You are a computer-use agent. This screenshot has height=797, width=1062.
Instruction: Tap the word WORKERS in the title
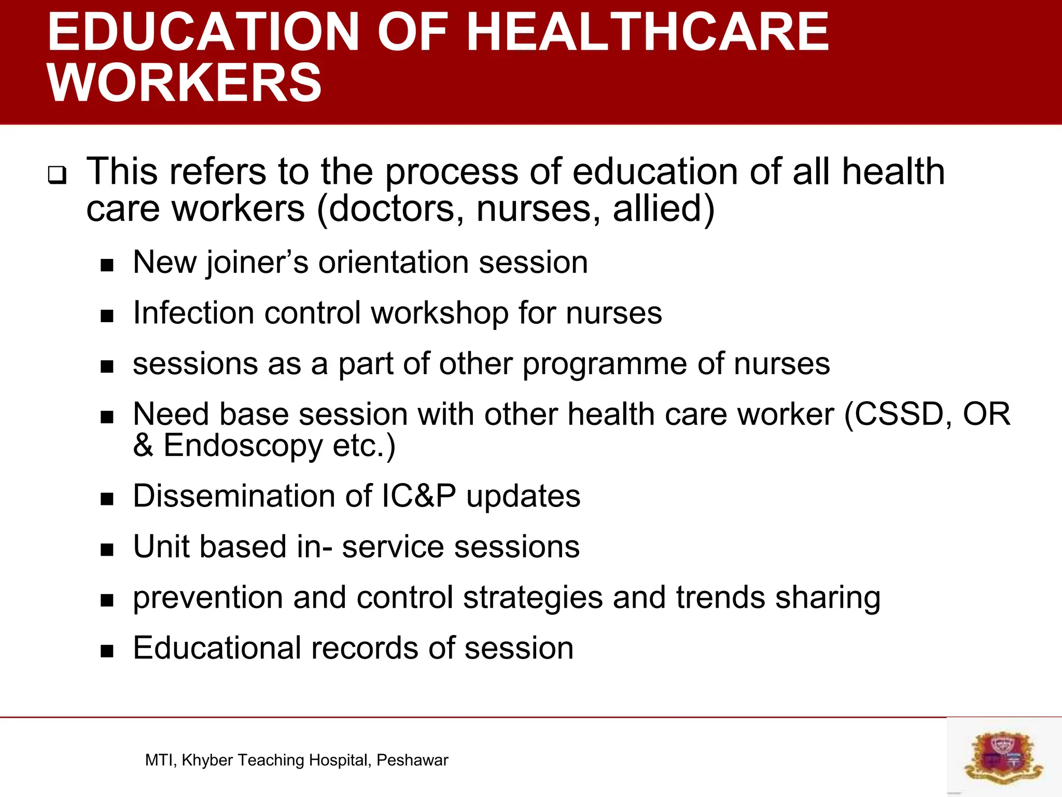click(185, 83)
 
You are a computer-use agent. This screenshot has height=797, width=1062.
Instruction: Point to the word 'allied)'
click(664, 209)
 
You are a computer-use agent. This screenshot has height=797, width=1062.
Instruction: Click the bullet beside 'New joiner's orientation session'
click(107, 266)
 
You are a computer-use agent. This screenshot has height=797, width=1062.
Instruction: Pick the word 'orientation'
click(394, 262)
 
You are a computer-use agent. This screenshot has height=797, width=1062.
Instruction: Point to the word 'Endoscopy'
click(243, 446)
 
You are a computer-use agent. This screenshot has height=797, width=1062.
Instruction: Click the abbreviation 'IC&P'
click(418, 496)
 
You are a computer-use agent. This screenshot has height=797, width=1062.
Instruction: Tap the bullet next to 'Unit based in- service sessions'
click(107, 550)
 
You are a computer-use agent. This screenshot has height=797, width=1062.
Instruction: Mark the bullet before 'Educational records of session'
click(107, 652)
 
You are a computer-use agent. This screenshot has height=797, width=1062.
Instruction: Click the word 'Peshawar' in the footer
click(412, 760)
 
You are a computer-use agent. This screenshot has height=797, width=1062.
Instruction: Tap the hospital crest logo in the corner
click(1003, 756)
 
